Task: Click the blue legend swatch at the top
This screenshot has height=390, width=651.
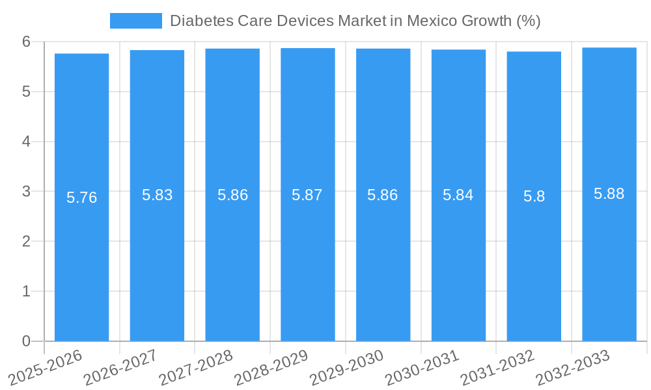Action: click(x=135, y=21)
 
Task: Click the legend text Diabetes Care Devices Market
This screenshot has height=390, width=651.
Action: click(x=355, y=21)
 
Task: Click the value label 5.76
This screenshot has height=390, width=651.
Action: click(x=81, y=198)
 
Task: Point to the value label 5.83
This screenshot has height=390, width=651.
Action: click(x=157, y=195)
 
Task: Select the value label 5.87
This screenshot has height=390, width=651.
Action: click(x=307, y=195)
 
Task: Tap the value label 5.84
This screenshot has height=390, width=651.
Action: click(x=458, y=195)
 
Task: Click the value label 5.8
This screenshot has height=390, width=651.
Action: click(x=534, y=196)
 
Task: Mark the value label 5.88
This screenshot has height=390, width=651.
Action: click(x=609, y=194)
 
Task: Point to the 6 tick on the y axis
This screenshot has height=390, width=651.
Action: click(x=26, y=42)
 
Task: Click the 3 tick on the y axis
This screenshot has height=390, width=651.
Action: click(x=26, y=192)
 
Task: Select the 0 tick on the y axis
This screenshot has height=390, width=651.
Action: click(x=26, y=341)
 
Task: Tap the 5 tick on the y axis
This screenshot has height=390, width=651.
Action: click(x=26, y=92)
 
